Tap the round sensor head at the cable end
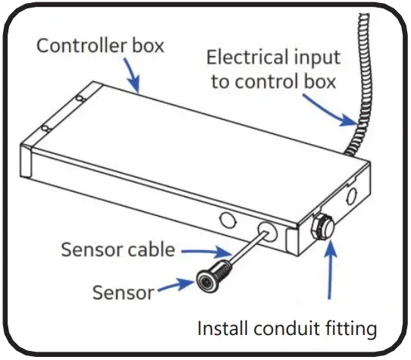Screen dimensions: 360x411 208,280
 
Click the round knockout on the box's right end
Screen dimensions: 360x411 350,198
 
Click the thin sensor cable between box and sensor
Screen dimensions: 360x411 240,253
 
